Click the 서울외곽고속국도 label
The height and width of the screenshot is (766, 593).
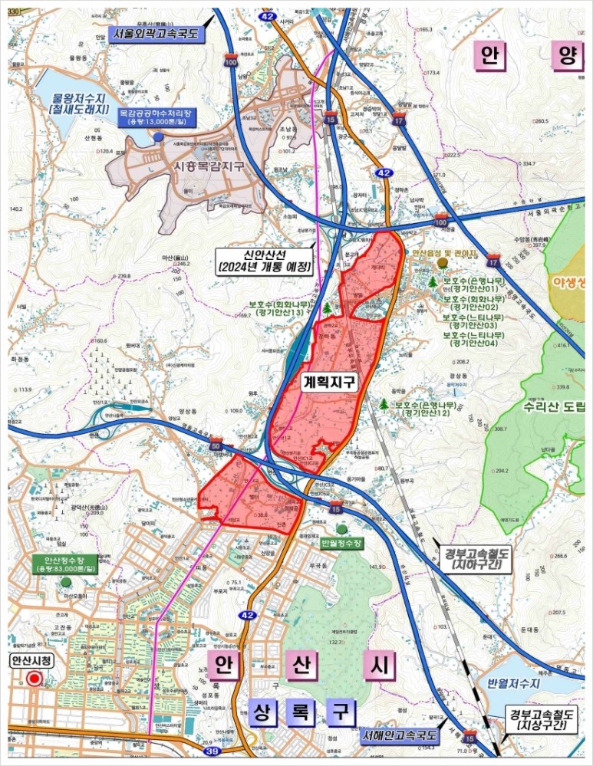pos(156,34)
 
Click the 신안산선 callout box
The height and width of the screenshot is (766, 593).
pos(265,261)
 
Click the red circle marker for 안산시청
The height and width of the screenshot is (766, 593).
pos(34,679)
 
